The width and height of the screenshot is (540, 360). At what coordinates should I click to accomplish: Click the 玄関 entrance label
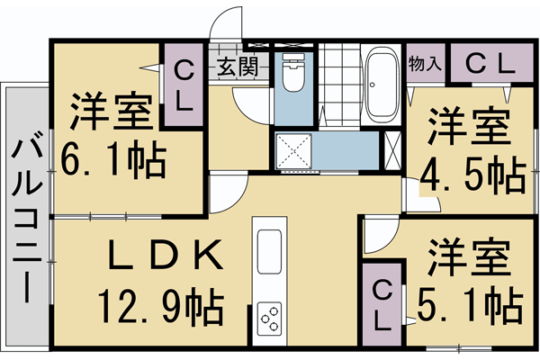[237, 65]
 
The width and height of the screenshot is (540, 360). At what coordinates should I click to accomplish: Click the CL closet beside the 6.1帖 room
[183, 85]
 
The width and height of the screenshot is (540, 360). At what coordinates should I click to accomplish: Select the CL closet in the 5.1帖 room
[382, 303]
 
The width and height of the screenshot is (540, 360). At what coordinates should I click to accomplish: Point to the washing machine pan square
[294, 151]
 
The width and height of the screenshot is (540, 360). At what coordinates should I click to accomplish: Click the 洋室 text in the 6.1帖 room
[112, 113]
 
